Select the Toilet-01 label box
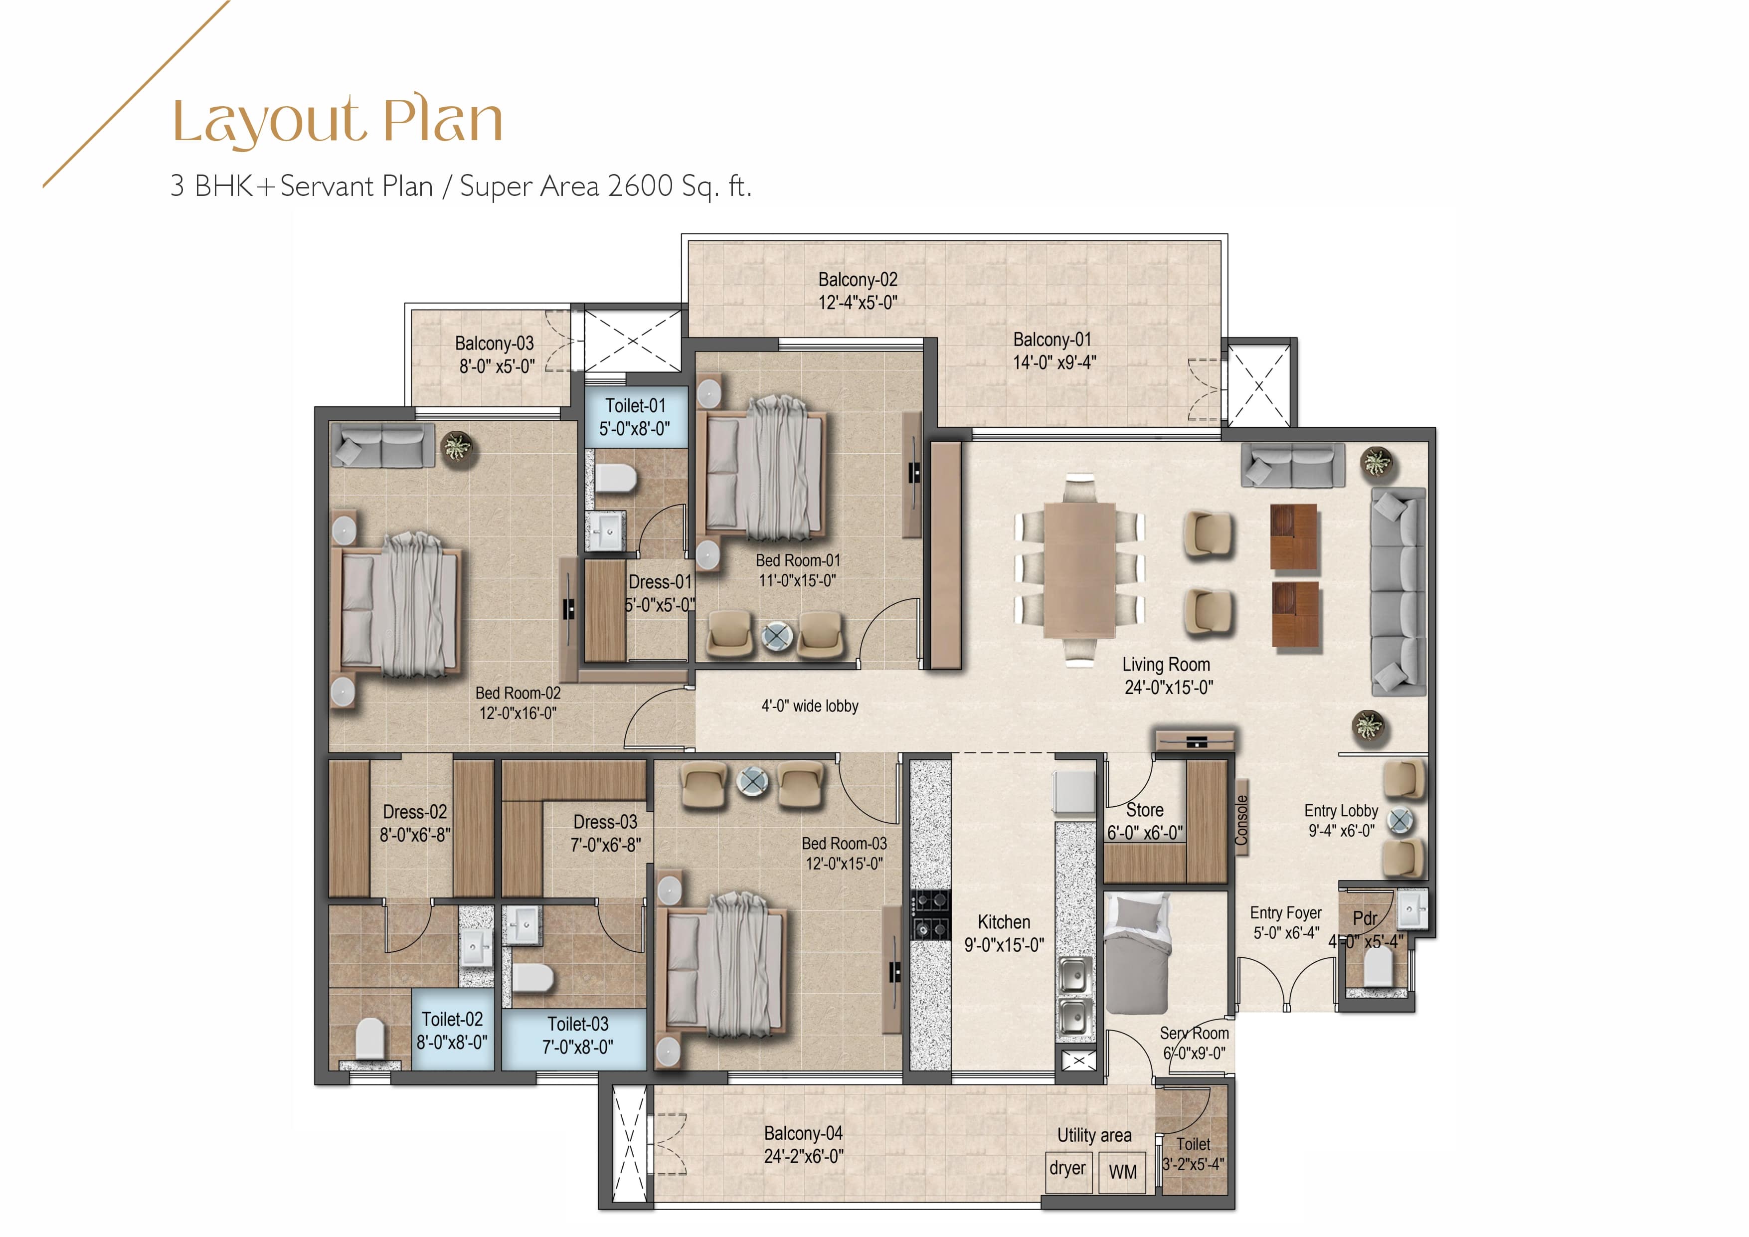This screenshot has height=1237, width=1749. coord(635,417)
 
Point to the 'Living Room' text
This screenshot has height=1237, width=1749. coord(1166,664)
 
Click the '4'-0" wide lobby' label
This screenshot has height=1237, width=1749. coord(810,706)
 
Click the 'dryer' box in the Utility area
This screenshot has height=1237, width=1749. coord(1067,1168)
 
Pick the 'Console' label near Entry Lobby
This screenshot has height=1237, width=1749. coord(1241,820)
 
